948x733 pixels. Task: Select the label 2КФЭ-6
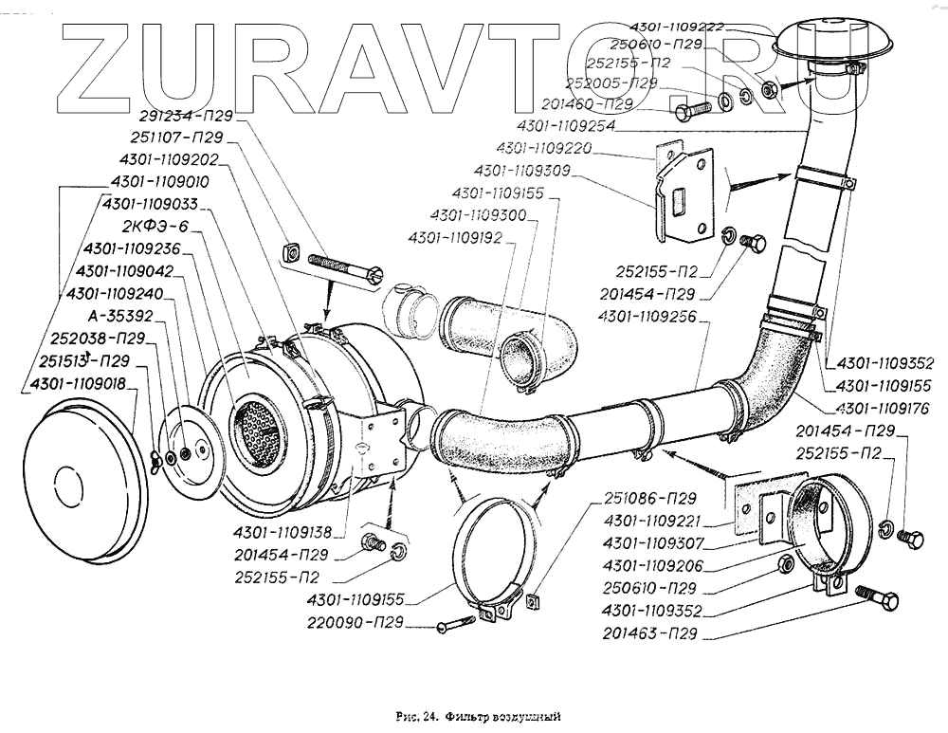(x=155, y=227)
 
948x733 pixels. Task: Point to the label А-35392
(x=120, y=316)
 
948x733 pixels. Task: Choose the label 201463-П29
(x=649, y=633)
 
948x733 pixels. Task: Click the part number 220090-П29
(x=355, y=623)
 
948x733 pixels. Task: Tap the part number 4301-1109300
(x=479, y=214)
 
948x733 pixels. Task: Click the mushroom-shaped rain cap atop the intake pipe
(x=822, y=40)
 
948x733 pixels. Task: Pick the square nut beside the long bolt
(x=292, y=253)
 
